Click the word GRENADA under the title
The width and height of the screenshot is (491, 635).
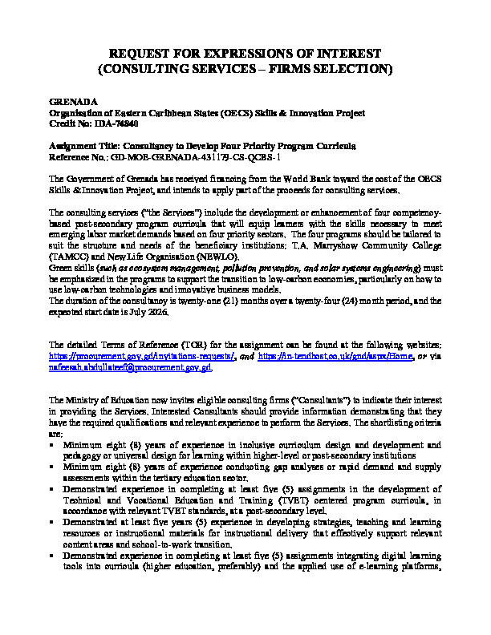pos(73,103)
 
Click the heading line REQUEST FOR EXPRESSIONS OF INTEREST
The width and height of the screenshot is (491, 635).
pos(245,54)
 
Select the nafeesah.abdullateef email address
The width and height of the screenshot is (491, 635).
pos(130,366)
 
